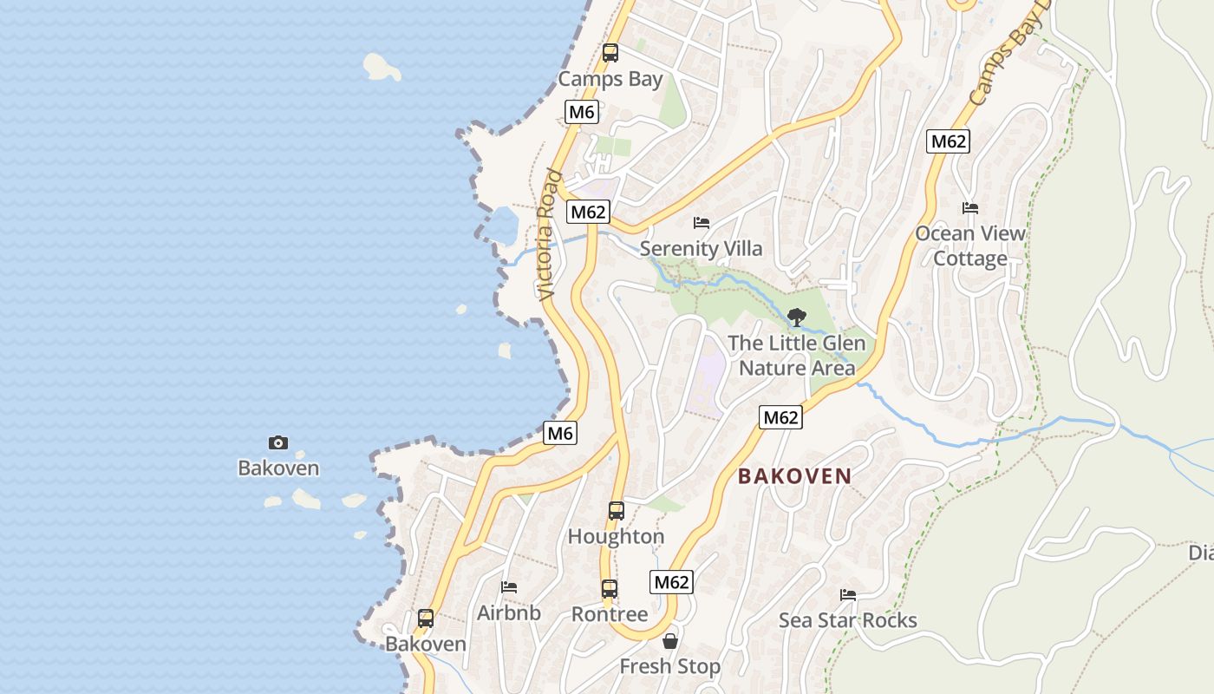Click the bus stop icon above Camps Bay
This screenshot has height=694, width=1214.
610,53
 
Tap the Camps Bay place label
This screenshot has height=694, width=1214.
610,79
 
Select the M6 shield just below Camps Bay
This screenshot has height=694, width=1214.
582,112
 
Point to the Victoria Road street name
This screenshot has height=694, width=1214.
548,235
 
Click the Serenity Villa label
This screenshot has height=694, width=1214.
701,249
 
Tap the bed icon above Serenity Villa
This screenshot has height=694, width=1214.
702,223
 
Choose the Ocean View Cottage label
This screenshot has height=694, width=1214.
970,246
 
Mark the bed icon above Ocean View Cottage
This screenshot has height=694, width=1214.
970,208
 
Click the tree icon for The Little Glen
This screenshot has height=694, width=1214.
797,318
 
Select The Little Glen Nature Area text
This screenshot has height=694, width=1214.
796,356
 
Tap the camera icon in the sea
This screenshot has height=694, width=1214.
278,443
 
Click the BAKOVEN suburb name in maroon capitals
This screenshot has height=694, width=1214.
794,475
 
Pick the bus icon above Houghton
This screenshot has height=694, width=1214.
617,511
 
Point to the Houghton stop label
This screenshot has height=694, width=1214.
616,537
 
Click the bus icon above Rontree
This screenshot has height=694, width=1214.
610,589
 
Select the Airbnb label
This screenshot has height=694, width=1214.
509,613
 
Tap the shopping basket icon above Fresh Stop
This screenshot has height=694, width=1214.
670,642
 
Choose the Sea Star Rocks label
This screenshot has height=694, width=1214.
847,620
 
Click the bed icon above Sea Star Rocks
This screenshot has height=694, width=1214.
848,595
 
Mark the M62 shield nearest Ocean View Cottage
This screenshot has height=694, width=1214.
947,141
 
